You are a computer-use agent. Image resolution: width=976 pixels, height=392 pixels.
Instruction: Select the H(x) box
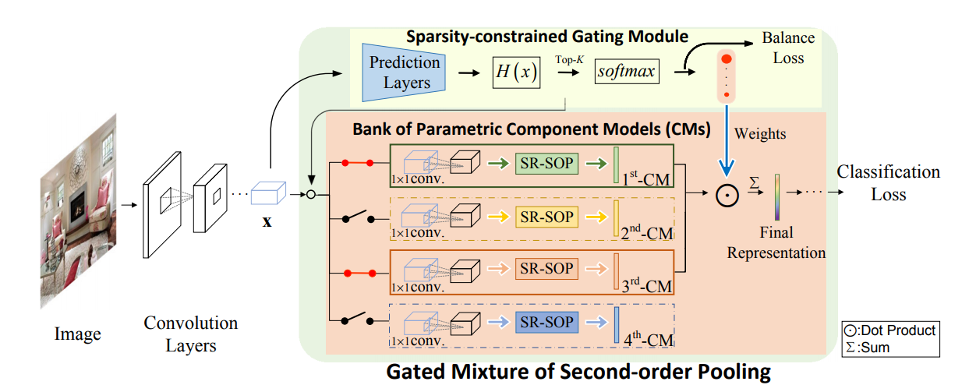click(517, 72)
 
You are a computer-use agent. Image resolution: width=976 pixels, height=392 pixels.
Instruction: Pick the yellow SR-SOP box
click(545, 216)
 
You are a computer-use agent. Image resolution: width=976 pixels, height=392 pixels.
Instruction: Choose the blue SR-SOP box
click(545, 323)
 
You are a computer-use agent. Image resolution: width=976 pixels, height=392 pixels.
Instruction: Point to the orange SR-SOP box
click(545, 270)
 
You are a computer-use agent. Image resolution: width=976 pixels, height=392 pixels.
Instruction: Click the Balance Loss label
click(788, 48)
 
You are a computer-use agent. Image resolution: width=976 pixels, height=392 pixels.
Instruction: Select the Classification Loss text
click(888, 182)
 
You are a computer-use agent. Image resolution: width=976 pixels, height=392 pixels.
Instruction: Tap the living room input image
click(78, 210)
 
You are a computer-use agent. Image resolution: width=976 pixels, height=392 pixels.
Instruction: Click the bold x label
click(267, 221)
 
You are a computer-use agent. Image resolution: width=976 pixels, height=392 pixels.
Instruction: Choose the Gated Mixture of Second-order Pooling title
click(578, 373)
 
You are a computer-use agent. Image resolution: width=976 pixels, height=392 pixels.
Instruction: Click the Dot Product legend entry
click(889, 330)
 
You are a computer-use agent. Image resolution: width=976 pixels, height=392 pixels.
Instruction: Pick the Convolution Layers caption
click(190, 333)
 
